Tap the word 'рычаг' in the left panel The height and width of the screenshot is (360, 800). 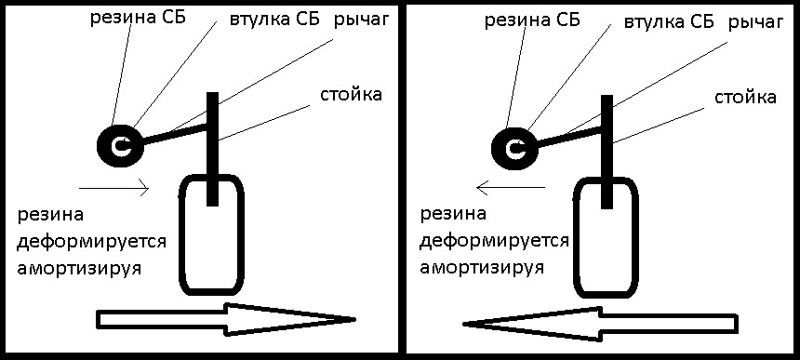pyautogui.click(x=361, y=20)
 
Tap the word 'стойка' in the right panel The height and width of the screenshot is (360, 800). pyautogui.click(x=746, y=97)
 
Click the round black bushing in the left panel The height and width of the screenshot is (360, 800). pyautogui.click(x=119, y=144)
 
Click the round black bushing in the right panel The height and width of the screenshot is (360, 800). pyautogui.click(x=512, y=144)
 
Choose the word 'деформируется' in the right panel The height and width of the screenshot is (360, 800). pyautogui.click(x=494, y=242)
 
